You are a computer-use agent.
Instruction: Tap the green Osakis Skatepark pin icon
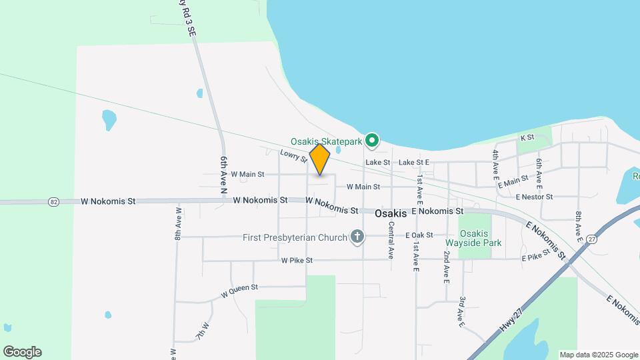(372, 141)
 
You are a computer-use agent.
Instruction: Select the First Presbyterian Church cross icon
(357, 237)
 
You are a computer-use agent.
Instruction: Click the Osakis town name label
(391, 213)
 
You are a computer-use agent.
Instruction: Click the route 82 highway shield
(54, 201)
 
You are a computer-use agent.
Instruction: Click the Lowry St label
(293, 156)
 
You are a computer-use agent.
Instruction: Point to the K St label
(527, 137)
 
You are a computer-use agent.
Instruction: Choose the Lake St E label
(414, 162)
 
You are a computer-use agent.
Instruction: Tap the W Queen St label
(239, 289)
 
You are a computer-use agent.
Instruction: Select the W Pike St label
(297, 261)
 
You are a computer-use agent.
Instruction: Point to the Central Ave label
(391, 243)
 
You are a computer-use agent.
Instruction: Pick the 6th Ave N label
(224, 175)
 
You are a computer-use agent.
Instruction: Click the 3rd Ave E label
(461, 312)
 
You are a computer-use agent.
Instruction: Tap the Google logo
(22, 352)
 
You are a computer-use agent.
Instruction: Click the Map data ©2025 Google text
(599, 355)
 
